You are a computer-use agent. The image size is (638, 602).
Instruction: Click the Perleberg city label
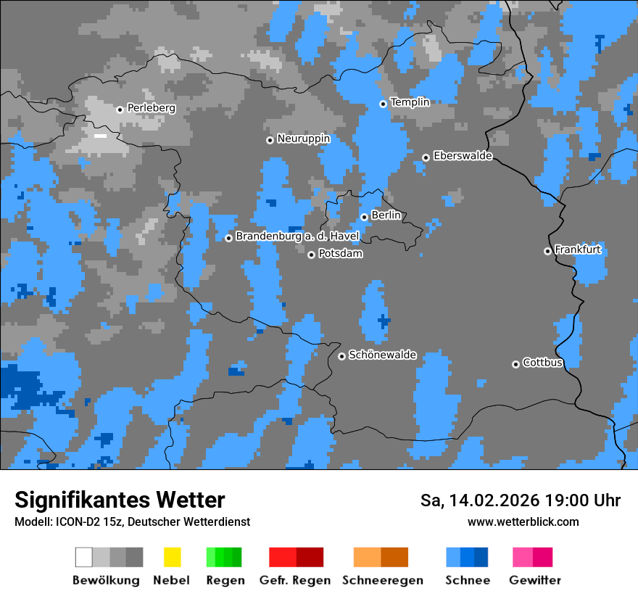tap(152, 108)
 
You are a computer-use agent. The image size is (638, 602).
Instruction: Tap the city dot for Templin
tap(384, 104)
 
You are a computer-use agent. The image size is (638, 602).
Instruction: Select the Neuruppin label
tap(304, 139)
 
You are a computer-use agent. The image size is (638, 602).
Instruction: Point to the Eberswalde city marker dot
tap(426, 157)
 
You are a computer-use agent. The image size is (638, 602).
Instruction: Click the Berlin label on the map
tap(386, 215)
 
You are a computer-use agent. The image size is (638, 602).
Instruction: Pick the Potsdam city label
tap(341, 254)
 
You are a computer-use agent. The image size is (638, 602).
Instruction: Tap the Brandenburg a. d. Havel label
tap(297, 236)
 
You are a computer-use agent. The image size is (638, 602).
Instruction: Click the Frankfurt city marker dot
tap(547, 251)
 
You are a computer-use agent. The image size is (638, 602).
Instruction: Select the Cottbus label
tap(543, 363)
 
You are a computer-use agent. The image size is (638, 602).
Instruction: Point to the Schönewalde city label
tap(383, 355)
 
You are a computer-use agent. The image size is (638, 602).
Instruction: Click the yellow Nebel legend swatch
tap(172, 557)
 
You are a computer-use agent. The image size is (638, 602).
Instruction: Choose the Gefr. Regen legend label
tap(295, 580)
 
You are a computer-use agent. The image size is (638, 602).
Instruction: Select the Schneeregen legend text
tap(383, 580)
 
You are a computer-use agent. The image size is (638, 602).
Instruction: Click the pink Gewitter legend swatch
tap(533, 557)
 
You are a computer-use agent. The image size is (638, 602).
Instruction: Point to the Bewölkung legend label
tap(106, 580)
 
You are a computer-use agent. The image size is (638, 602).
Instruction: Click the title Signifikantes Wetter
tap(120, 500)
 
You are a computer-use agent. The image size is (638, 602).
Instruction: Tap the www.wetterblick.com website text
tap(523, 521)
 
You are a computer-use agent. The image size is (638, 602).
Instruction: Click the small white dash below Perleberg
tap(100, 136)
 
